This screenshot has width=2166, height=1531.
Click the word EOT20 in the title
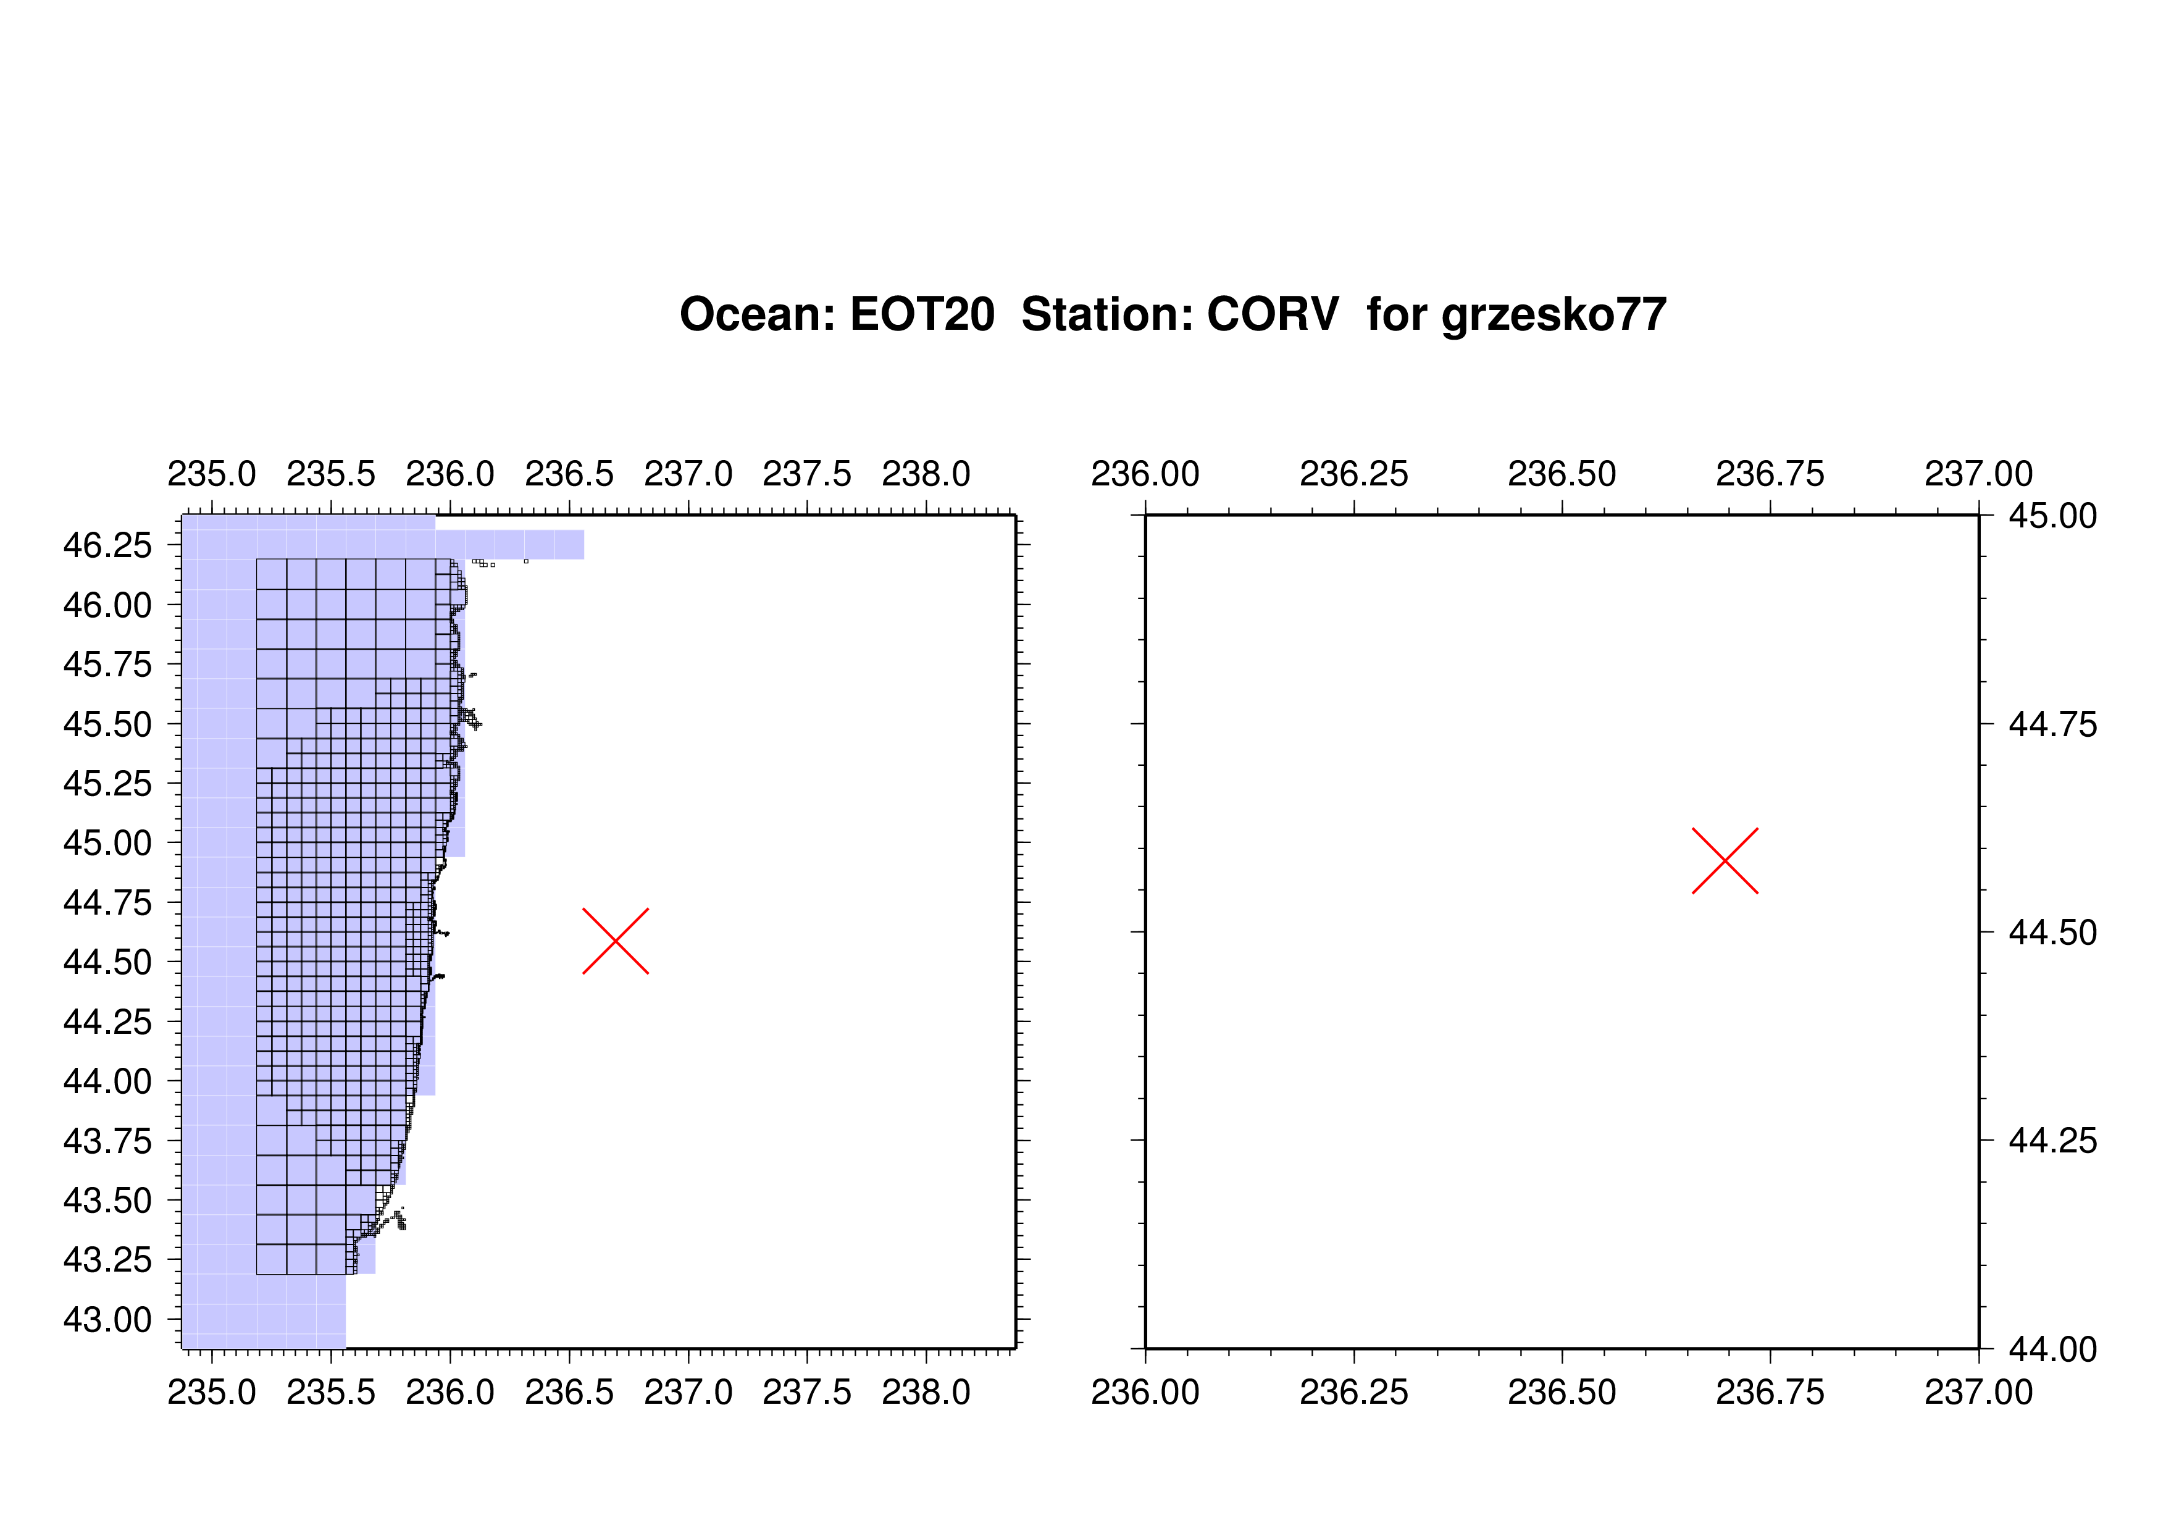[x=922, y=314]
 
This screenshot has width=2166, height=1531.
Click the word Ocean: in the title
[x=758, y=314]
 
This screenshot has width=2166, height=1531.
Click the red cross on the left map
[x=615, y=941]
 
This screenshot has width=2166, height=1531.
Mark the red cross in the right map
[x=1725, y=860]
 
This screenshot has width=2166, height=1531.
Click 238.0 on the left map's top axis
[x=926, y=474]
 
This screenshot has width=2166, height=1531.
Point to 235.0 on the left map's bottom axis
[x=211, y=1391]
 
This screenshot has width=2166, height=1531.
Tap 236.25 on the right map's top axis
[x=1353, y=474]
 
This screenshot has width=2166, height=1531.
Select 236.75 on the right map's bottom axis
[x=1770, y=1391]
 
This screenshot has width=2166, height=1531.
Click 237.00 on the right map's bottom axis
[x=1978, y=1391]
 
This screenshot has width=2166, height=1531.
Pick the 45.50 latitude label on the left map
[x=107, y=724]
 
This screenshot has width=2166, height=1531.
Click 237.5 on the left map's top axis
[x=806, y=474]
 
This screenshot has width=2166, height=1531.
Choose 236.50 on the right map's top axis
[x=1562, y=474]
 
